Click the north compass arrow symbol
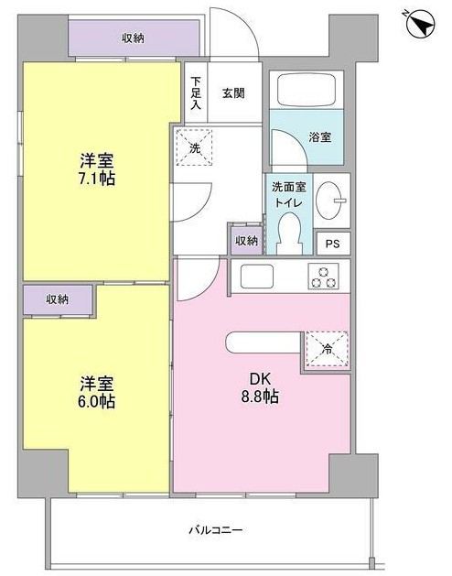422,24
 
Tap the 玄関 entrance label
233,93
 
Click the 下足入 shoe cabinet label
196,92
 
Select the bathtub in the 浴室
307,90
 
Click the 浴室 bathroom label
320,137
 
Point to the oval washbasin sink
329,201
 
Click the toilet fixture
289,234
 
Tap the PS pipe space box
333,244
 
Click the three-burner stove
323,277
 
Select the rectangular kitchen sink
257,277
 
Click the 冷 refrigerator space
327,349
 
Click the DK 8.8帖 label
260,388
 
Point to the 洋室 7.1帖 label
97,169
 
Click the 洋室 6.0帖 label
97,392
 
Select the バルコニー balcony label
216,530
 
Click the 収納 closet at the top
134,38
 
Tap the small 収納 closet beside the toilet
246,241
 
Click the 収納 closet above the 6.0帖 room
58,299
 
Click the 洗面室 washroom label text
288,188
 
